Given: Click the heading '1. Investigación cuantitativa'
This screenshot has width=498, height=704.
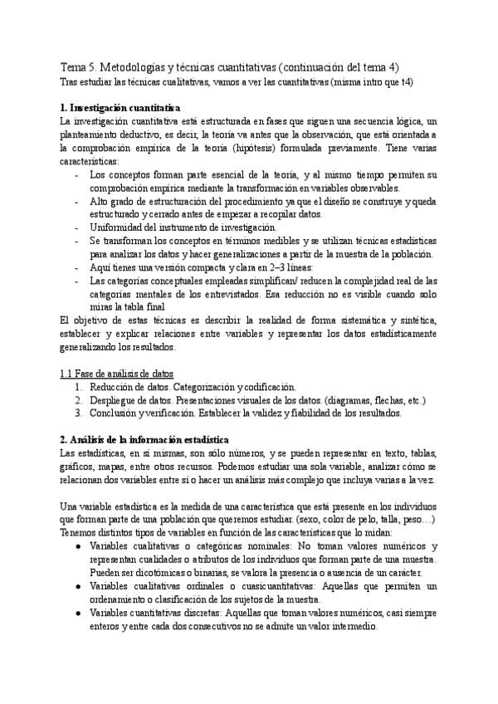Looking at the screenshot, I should coord(120,108).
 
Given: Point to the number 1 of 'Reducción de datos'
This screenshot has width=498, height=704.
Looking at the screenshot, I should coord(77,386).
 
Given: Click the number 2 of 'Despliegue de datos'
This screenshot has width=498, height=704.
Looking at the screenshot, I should coord(77,399).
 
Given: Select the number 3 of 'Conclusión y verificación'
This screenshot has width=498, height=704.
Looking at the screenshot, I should coord(77,413).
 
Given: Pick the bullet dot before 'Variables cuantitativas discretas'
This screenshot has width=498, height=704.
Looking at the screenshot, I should coord(77,613).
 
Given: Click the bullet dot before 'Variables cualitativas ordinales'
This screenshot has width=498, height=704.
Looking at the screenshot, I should coord(77,586).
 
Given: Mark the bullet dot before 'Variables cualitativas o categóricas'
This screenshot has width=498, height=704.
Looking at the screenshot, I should coord(77,546).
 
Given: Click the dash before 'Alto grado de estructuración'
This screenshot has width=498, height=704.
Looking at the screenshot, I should coord(77,201).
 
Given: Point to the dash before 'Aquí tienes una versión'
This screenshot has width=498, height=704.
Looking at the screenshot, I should coord(77,267).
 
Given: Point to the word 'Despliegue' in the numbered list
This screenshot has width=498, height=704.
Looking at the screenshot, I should coord(114,399).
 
